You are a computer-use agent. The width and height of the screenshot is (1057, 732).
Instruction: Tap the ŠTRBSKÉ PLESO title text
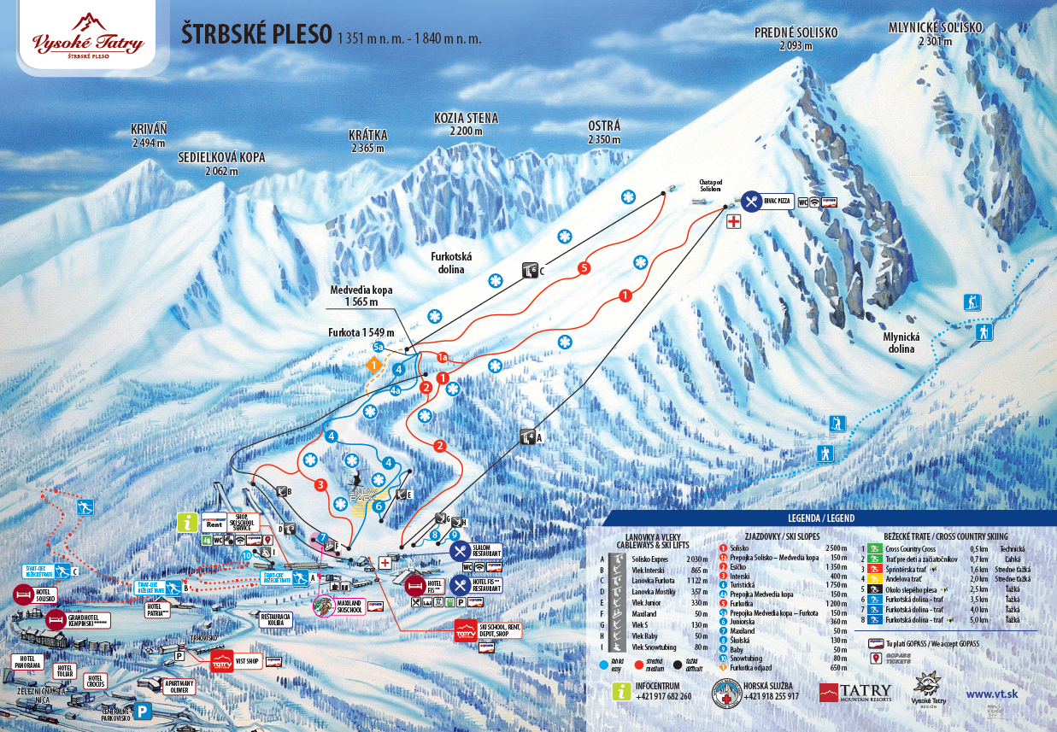pos(256,35)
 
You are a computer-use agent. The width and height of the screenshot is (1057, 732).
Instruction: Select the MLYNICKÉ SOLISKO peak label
pos(936,27)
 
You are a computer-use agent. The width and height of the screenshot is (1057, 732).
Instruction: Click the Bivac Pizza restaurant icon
pos(751,201)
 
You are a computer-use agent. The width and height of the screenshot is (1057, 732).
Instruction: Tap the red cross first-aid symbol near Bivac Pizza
pos(733,222)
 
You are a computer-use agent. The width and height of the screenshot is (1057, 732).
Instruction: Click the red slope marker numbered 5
pos(584,267)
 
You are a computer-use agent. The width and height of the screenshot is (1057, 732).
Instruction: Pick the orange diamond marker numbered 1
pos(373,365)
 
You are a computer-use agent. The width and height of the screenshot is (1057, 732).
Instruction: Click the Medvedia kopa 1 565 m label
pos(361,296)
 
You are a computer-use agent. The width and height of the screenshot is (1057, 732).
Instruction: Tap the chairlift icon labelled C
pos(529,271)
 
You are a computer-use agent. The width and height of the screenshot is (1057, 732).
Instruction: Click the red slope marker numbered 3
pos(320,485)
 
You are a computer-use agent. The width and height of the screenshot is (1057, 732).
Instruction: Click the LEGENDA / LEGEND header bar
pos(819,518)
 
